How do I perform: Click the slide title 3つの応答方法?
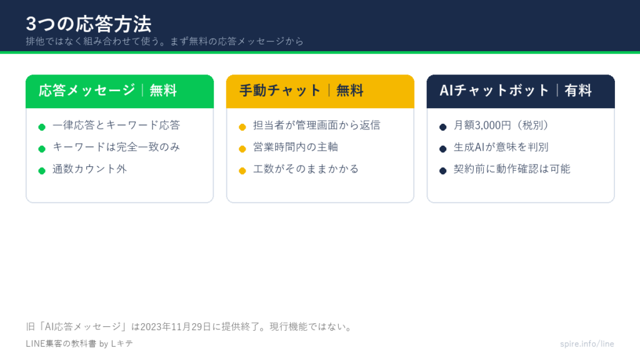tap(89, 24)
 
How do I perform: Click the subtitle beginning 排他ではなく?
tap(164, 41)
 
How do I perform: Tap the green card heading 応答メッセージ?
tap(86, 90)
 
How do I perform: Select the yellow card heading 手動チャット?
tap(279, 90)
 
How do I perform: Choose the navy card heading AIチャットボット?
tap(494, 90)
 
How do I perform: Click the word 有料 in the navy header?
tap(578, 90)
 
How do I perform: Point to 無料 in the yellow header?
tap(350, 90)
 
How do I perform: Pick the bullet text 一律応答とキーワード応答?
tap(116, 125)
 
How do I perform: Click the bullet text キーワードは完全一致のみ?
tap(116, 147)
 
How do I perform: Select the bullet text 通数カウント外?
tap(90, 169)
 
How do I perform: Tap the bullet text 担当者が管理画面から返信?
tap(317, 125)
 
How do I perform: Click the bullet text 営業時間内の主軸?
tap(296, 147)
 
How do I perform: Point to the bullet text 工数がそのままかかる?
tap(306, 169)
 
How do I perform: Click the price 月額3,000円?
tap(482, 125)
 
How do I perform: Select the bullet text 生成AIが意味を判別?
tap(501, 147)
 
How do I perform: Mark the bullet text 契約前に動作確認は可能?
tap(512, 169)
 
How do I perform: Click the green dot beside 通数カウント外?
tap(42, 171)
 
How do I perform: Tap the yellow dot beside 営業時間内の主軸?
tap(242, 149)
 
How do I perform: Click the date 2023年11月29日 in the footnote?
tap(176, 327)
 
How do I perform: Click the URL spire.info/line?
tap(587, 344)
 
